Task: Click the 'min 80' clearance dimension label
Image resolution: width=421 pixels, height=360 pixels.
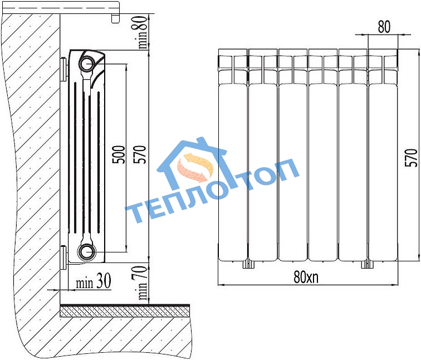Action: [143, 32]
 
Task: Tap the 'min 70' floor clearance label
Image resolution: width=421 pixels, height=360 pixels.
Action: [143, 283]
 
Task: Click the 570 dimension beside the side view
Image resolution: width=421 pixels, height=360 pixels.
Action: [140, 154]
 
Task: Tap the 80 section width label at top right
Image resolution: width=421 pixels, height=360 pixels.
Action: [384, 27]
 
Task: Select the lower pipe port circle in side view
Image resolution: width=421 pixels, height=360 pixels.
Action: [87, 251]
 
